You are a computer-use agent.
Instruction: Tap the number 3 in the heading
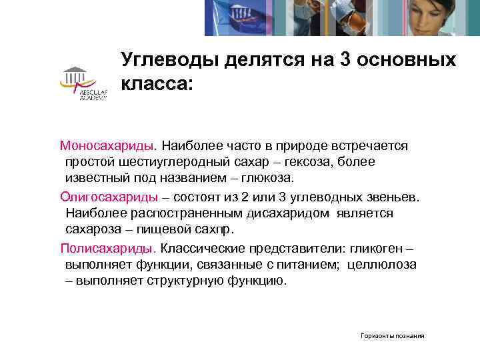pyautogui.click(x=347, y=61)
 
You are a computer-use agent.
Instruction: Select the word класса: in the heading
pyautogui.click(x=157, y=84)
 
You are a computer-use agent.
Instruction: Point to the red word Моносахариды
pyautogui.click(x=107, y=145)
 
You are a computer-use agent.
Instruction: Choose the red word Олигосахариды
pyautogui.click(x=109, y=197)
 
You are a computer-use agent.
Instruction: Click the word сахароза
pyautogui.click(x=93, y=230)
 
